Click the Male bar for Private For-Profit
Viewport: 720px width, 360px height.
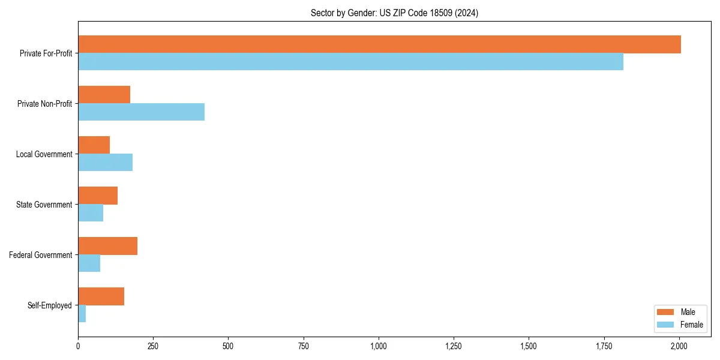[x=379, y=44]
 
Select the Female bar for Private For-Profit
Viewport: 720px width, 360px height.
[x=350, y=62]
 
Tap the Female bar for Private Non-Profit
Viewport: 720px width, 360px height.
[x=141, y=112]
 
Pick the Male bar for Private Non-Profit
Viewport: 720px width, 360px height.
[x=104, y=95]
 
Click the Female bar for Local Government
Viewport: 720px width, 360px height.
[x=105, y=163]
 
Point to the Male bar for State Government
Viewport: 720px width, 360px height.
[x=98, y=196]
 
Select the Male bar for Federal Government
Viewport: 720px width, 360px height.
[x=107, y=246]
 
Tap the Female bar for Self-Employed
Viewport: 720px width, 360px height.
[x=82, y=314]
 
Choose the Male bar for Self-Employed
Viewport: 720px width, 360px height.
[x=101, y=296]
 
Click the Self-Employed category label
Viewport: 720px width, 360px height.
[x=49, y=305]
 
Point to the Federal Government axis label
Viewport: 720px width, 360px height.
[x=40, y=255]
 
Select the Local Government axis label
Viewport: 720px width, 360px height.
[x=44, y=154]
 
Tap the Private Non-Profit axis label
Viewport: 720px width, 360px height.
[x=44, y=104]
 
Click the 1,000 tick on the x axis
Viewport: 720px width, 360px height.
[x=379, y=346]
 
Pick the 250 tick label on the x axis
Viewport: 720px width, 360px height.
[x=153, y=346]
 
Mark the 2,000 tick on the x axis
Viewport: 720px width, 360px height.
[x=679, y=346]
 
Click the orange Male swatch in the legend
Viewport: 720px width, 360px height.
[x=666, y=312]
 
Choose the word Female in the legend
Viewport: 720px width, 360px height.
[x=692, y=325]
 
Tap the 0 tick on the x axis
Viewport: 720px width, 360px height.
[x=78, y=346]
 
